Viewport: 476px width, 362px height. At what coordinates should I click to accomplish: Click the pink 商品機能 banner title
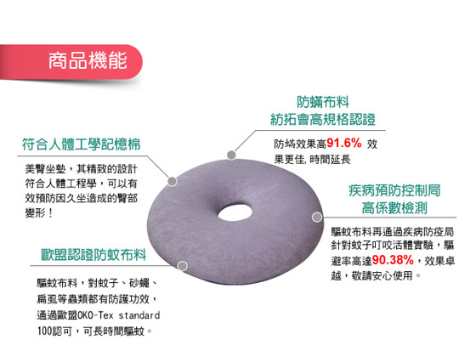[x=88, y=60]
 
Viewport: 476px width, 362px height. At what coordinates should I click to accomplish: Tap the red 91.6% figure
[x=344, y=143]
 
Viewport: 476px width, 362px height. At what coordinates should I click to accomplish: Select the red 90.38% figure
[x=393, y=260]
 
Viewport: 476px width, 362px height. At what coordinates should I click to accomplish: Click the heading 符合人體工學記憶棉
[x=82, y=144]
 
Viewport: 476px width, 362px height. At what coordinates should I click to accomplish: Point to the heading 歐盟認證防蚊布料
[x=93, y=255]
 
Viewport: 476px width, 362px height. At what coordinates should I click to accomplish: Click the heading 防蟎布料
[x=323, y=102]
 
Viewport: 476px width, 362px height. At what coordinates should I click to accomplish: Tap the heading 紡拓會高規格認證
[x=323, y=119]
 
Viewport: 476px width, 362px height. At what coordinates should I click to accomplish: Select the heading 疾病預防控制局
[x=394, y=190]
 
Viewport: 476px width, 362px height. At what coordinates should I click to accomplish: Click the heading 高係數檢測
[x=394, y=208]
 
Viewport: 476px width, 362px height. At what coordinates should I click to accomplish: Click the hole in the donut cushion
[x=235, y=212]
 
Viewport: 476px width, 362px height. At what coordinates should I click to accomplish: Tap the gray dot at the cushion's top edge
[x=231, y=155]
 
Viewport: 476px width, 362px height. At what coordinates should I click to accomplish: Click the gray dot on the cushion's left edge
[x=172, y=181]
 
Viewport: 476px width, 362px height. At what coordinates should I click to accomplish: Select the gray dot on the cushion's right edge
[x=317, y=217]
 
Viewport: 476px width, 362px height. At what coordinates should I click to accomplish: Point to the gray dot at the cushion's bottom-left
[x=182, y=266]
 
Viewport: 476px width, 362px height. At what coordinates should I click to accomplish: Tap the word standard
[x=139, y=315]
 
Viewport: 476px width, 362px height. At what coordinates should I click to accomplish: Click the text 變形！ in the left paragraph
[x=39, y=213]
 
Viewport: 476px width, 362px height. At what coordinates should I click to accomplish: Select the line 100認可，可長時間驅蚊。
[x=94, y=331]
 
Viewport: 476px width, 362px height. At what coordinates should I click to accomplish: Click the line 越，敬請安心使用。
[x=376, y=275]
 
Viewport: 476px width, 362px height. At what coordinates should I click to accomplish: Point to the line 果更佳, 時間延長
[x=313, y=159]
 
